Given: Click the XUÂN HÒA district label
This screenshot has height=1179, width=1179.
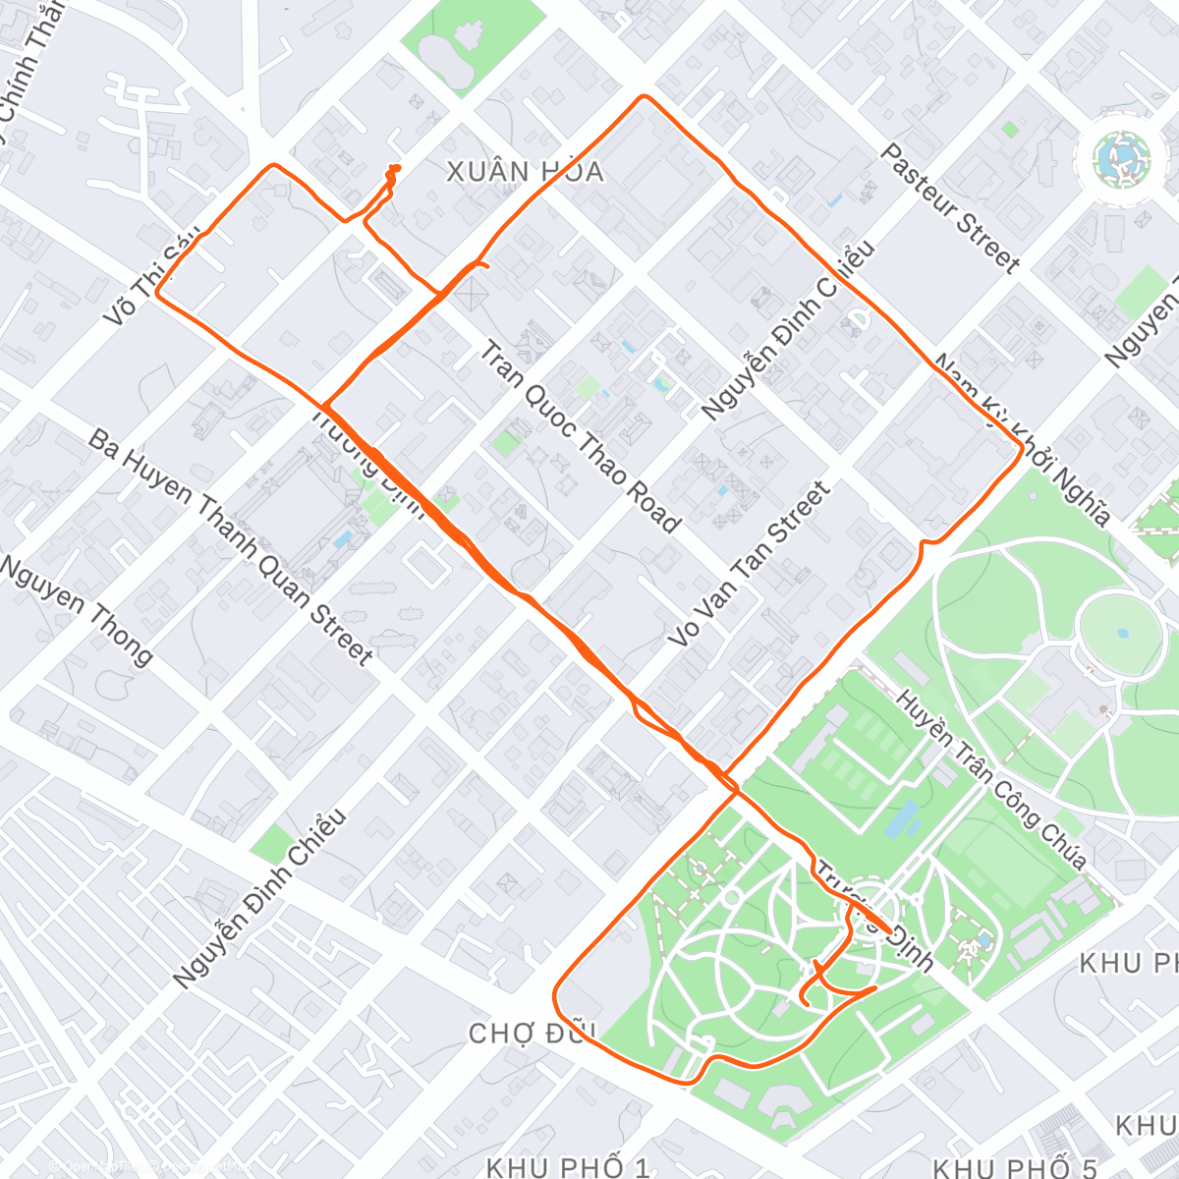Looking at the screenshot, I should tap(525, 172).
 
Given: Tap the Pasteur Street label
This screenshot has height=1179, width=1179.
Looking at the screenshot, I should tap(949, 208).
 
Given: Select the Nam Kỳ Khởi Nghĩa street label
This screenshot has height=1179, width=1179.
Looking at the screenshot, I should tap(1022, 440).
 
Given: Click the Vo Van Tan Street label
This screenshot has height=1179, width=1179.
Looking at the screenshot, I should tap(749, 565).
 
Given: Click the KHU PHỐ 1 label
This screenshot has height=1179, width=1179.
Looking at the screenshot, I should tap(568, 1168).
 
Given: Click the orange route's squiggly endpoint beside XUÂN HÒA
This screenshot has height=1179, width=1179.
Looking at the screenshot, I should tap(394, 168).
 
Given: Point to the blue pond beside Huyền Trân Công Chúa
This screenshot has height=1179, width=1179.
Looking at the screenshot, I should tap(903, 818).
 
